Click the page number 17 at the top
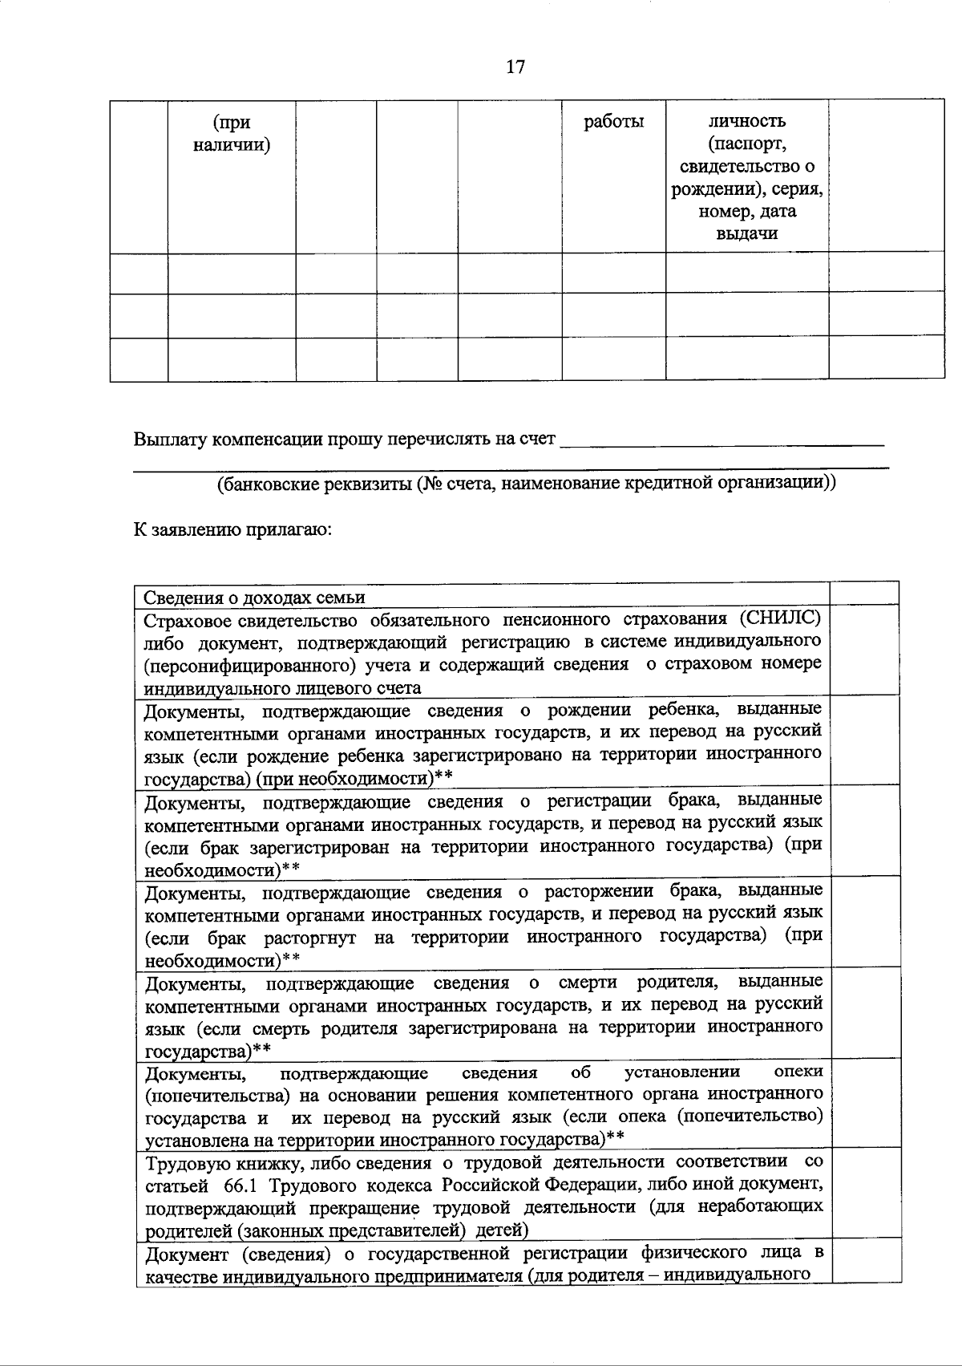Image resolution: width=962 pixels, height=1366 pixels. [x=515, y=67]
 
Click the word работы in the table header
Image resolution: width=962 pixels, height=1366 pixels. [x=613, y=122]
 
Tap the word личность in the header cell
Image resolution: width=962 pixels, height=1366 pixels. [x=746, y=122]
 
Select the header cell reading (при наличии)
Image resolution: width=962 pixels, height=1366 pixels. [x=231, y=134]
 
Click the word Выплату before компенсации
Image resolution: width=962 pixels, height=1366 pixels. [x=166, y=440]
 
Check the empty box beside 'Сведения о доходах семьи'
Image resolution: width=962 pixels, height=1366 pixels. [x=863, y=593]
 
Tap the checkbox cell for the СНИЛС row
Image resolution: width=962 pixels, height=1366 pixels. [x=863, y=650]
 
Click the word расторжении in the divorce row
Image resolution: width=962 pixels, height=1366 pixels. [x=595, y=891]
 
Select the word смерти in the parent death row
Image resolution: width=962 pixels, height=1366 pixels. [x=588, y=983]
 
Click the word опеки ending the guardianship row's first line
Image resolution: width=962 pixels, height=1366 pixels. [x=798, y=1072]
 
